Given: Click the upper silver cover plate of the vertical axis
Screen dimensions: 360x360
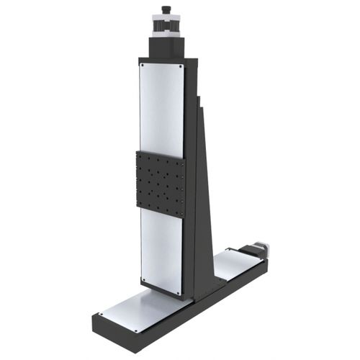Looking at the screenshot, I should tap(162, 108).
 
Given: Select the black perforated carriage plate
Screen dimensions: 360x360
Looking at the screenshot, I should tap(160, 183).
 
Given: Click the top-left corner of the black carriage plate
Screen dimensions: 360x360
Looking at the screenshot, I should tap(137, 153).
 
